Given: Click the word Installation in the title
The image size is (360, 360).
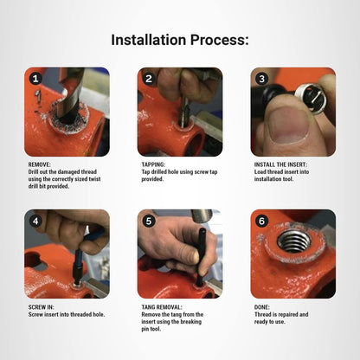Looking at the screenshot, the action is (x=149, y=40).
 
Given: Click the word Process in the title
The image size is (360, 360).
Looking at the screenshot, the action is (x=217, y=40).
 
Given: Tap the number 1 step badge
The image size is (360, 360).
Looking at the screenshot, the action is (x=35, y=79).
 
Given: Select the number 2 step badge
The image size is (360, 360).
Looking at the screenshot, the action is (x=149, y=79).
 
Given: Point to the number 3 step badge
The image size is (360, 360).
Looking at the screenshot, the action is (x=262, y=79).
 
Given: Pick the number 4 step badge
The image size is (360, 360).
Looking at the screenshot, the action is (x=35, y=221).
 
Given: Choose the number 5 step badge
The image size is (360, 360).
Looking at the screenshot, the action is (x=149, y=221).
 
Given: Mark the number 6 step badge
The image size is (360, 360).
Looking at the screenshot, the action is (x=262, y=221).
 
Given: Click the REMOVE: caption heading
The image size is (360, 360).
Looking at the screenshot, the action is (x=40, y=164).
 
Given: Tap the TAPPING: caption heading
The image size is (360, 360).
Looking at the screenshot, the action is (x=153, y=164).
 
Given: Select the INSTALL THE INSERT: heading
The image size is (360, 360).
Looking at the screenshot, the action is (x=280, y=164).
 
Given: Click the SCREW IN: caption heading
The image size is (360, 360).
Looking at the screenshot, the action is (x=41, y=307).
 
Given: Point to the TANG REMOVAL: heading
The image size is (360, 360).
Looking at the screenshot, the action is (x=162, y=307).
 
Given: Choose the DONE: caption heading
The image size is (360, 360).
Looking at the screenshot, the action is (x=262, y=307).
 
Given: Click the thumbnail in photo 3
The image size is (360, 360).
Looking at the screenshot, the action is (x=287, y=126).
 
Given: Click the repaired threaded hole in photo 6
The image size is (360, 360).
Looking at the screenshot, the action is (x=294, y=241).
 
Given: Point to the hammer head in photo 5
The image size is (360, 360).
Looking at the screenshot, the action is (x=202, y=215).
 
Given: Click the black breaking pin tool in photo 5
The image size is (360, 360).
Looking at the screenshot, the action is (x=201, y=257).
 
